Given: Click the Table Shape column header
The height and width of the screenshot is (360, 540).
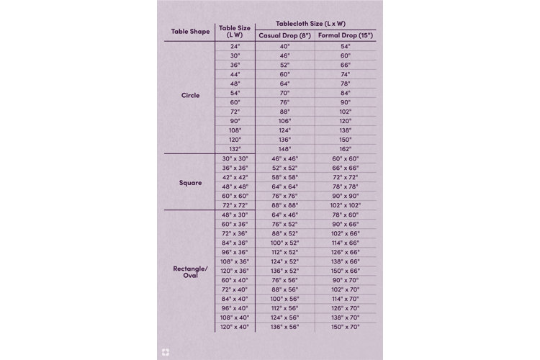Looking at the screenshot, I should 189,31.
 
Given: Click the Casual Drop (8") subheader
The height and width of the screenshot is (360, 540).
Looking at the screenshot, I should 285,35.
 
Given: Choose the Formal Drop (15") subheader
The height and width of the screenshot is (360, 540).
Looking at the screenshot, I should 346,35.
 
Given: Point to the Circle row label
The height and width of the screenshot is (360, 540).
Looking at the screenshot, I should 190,95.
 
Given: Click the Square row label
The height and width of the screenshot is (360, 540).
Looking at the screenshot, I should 190,182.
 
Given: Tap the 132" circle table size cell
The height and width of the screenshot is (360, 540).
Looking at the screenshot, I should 235,148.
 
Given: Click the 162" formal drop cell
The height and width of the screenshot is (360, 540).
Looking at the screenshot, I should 346,148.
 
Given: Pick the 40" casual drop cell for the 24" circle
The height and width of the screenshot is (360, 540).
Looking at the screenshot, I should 285,45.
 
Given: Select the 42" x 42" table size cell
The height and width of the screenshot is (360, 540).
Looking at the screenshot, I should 235,176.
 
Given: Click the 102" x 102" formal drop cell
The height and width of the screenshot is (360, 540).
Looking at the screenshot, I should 346,204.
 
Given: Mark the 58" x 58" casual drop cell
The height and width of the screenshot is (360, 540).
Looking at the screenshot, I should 285,176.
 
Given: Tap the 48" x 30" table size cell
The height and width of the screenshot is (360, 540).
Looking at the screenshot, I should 235,215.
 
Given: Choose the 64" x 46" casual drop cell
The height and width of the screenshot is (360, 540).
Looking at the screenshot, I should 285,215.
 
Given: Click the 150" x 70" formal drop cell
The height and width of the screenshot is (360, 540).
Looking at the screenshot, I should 346,326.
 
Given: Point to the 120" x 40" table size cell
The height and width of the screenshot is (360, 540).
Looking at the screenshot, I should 235,326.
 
